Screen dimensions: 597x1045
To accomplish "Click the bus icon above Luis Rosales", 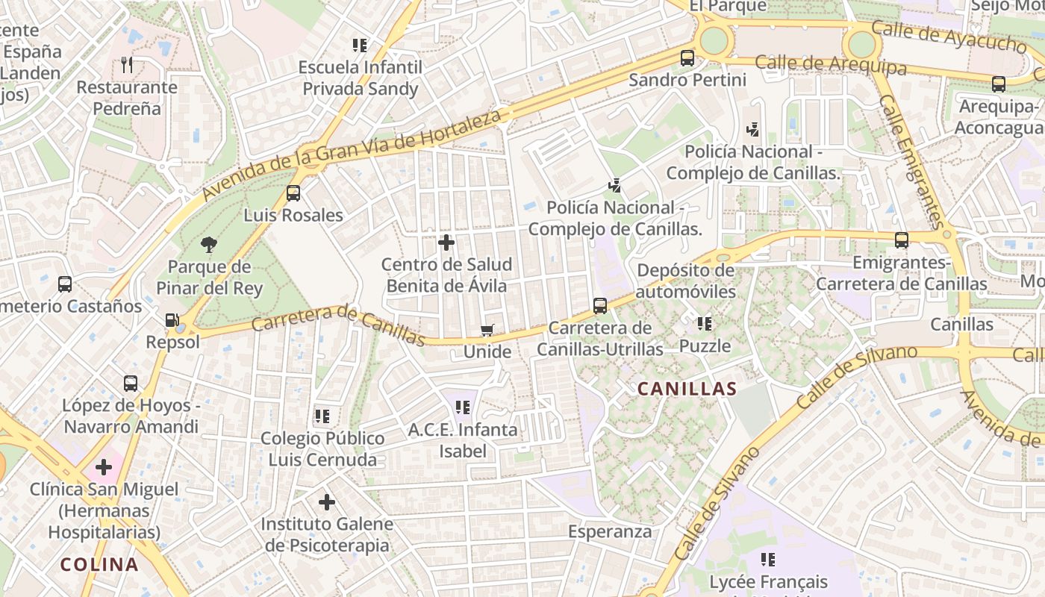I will click(x=293, y=193).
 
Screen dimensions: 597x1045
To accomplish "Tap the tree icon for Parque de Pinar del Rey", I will click(x=209, y=244).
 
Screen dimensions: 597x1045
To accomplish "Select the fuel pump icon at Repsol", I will click(x=172, y=320).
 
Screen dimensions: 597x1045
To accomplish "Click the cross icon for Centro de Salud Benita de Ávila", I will click(x=446, y=243).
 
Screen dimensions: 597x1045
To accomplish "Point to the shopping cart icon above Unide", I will click(x=487, y=330).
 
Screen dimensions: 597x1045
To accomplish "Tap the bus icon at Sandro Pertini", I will click(x=687, y=57).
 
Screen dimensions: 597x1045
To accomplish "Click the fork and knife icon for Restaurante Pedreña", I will click(x=127, y=65).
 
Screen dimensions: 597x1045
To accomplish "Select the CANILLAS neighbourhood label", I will click(x=687, y=389).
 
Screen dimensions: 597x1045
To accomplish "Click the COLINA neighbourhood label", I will click(x=99, y=565).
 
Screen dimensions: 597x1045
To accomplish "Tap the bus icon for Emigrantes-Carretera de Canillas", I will click(x=902, y=240).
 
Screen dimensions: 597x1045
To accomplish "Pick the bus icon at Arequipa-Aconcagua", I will click(x=999, y=84).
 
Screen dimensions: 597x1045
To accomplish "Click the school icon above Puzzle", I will click(x=704, y=324).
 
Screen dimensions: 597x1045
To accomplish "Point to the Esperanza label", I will click(x=610, y=531).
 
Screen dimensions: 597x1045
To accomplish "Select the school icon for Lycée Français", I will click(x=768, y=559).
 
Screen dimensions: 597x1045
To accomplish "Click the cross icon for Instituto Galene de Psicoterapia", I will click(x=326, y=502).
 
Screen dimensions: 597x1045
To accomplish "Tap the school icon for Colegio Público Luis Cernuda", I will click(x=322, y=416).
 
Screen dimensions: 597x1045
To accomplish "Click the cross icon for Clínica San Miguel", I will click(x=104, y=468).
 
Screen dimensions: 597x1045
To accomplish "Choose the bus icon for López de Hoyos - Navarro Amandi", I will click(x=131, y=384).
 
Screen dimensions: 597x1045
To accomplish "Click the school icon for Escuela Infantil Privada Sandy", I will click(x=360, y=46).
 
